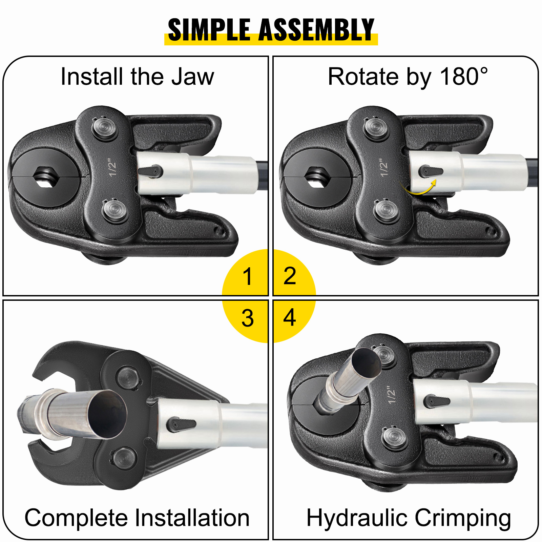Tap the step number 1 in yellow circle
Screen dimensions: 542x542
[248, 276]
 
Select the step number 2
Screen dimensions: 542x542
[290, 276]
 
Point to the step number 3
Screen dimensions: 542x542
[248, 318]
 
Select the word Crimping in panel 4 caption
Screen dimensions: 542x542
[463, 518]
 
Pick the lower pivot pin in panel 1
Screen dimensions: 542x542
[116, 211]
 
